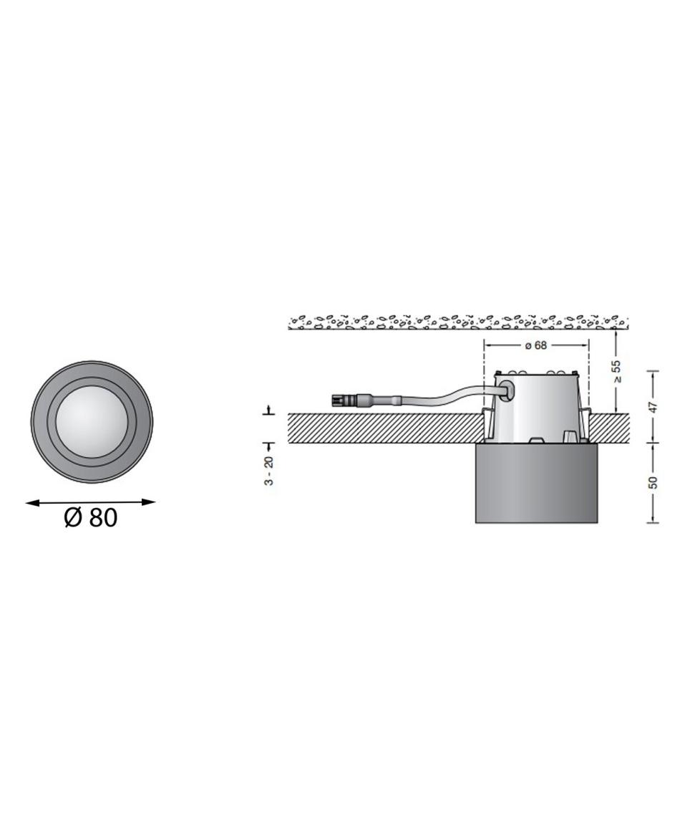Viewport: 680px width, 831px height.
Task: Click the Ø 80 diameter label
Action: click(90, 517)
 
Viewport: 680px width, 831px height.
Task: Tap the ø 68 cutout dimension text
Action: click(535, 345)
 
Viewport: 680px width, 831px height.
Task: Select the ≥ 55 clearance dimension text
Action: click(616, 372)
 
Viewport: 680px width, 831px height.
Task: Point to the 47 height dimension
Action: click(653, 407)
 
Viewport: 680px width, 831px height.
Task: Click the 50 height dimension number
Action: click(653, 482)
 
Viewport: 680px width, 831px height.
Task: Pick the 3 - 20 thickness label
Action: click(269, 471)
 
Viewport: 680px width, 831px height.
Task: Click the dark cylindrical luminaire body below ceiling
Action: click(537, 483)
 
